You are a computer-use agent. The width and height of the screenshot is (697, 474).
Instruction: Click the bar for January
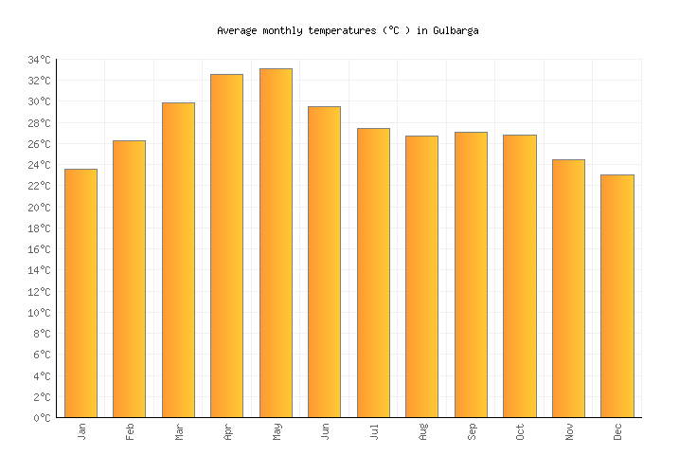tap(80, 293)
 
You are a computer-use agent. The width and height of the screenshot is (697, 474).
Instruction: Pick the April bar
tap(226, 246)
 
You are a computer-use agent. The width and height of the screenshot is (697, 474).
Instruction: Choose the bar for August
tap(421, 276)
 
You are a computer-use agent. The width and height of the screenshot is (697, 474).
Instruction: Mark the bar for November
tap(568, 288)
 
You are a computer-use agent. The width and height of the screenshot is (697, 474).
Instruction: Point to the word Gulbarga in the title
tap(456, 30)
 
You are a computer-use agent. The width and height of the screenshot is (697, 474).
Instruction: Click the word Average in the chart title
tap(237, 30)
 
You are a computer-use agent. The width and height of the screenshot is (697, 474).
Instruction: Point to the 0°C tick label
tap(42, 418)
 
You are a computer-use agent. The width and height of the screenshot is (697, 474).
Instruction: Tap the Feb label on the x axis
tap(130, 431)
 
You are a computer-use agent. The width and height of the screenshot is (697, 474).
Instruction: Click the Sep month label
tap(471, 431)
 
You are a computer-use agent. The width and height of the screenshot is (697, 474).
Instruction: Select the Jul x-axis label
tap(373, 431)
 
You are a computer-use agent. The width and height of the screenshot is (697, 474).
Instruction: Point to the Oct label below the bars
tap(520, 431)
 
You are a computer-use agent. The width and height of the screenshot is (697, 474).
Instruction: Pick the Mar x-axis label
tap(178, 431)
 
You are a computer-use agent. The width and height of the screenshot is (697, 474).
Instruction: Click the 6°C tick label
tap(42, 355)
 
